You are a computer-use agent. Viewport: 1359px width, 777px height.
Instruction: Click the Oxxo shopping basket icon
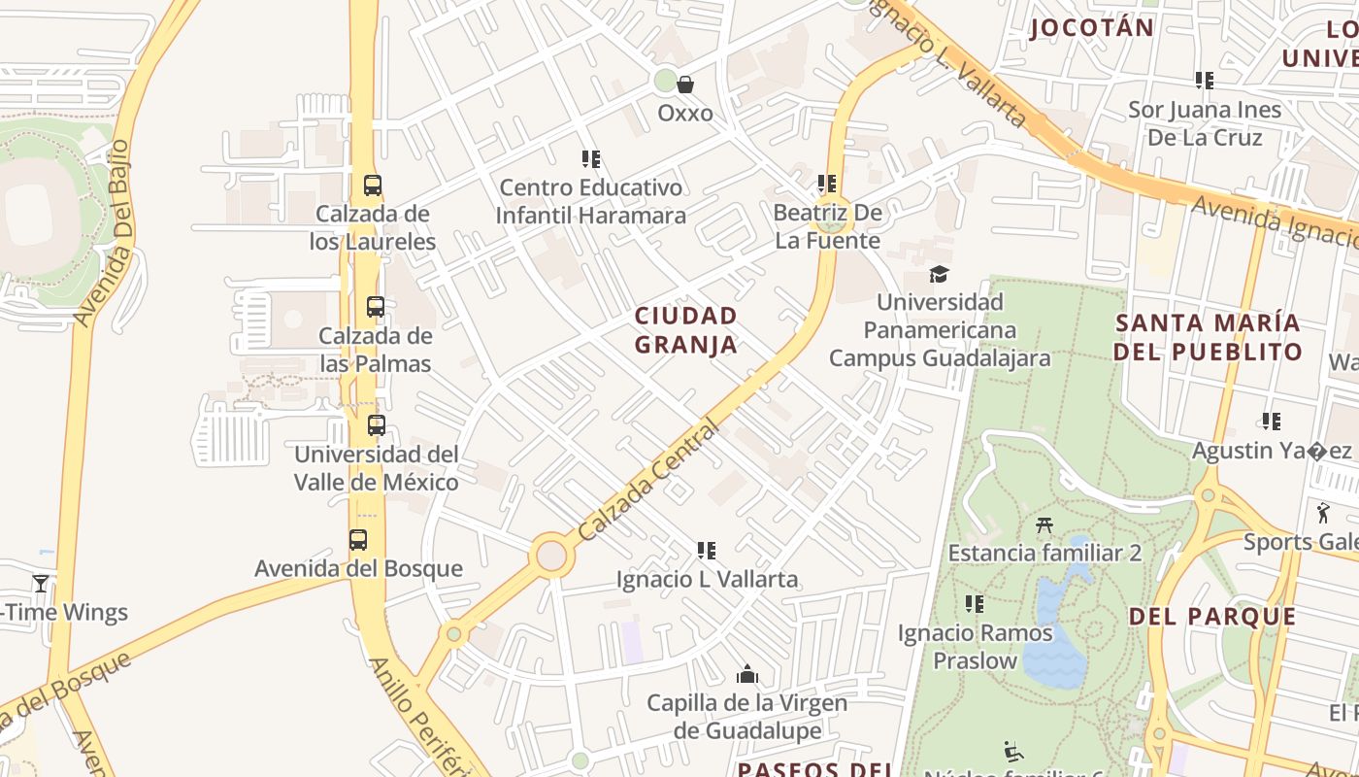(x=685, y=84)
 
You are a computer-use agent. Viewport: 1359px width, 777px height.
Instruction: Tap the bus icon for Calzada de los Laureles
(x=373, y=186)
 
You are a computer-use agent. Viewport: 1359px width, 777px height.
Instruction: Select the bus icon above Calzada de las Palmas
(x=376, y=307)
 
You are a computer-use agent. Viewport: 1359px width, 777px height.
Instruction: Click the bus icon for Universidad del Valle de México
(x=377, y=425)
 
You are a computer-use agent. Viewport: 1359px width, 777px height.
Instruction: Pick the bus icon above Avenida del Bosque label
(x=358, y=540)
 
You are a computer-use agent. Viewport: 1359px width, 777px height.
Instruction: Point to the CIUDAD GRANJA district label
(x=686, y=330)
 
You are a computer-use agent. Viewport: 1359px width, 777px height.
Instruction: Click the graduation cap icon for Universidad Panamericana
(x=939, y=274)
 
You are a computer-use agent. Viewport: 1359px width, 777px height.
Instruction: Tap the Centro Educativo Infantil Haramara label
(x=590, y=201)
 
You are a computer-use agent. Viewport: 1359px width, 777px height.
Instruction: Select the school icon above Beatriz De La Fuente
(x=827, y=184)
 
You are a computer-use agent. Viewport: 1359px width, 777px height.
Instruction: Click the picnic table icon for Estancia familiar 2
(x=1044, y=524)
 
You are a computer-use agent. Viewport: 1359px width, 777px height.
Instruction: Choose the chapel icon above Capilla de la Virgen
(x=747, y=674)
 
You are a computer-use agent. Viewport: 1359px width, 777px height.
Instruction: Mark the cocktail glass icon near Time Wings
(x=41, y=583)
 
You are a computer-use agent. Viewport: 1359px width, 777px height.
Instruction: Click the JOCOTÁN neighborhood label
(x=1092, y=27)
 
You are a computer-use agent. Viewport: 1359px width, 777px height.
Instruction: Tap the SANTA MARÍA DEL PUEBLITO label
(x=1208, y=337)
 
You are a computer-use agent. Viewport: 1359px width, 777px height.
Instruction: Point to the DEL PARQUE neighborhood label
(x=1212, y=616)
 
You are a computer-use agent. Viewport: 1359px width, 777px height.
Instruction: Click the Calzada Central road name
(x=648, y=480)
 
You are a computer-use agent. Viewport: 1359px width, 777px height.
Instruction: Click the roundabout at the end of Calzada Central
(x=551, y=556)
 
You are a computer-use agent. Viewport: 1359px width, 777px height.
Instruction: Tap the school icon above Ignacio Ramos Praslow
(x=975, y=605)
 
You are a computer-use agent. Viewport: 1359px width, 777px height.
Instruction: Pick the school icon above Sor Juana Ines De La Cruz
(x=1205, y=81)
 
